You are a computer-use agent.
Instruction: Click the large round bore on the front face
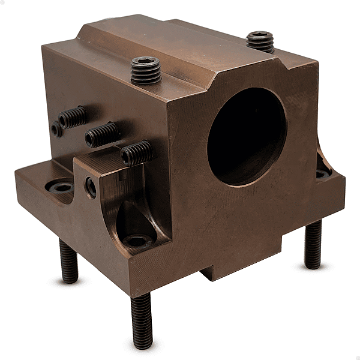coord(247,136)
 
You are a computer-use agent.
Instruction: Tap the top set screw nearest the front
coord(146,71)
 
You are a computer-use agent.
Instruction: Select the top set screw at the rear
coord(260,41)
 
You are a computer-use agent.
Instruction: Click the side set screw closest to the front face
coord(137,153)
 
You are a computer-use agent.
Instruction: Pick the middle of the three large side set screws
coord(101,135)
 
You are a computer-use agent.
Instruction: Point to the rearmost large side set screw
coord(73,117)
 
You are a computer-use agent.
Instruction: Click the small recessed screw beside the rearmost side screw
coord(56,128)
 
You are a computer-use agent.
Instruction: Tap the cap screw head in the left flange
coord(61,187)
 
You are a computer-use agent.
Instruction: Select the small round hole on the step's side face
coord(91,187)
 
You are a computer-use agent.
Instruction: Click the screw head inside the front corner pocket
coord(137,241)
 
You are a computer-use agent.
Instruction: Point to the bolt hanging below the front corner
coord(142,320)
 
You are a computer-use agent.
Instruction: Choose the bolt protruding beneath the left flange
coord(68,262)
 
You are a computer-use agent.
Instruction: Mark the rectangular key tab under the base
coord(218,273)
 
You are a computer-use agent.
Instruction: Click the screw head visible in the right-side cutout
coord(323,174)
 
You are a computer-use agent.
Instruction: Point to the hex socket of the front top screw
coord(145,61)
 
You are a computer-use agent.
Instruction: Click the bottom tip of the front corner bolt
coord(143,346)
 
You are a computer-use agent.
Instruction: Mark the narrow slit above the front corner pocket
coord(122,176)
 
